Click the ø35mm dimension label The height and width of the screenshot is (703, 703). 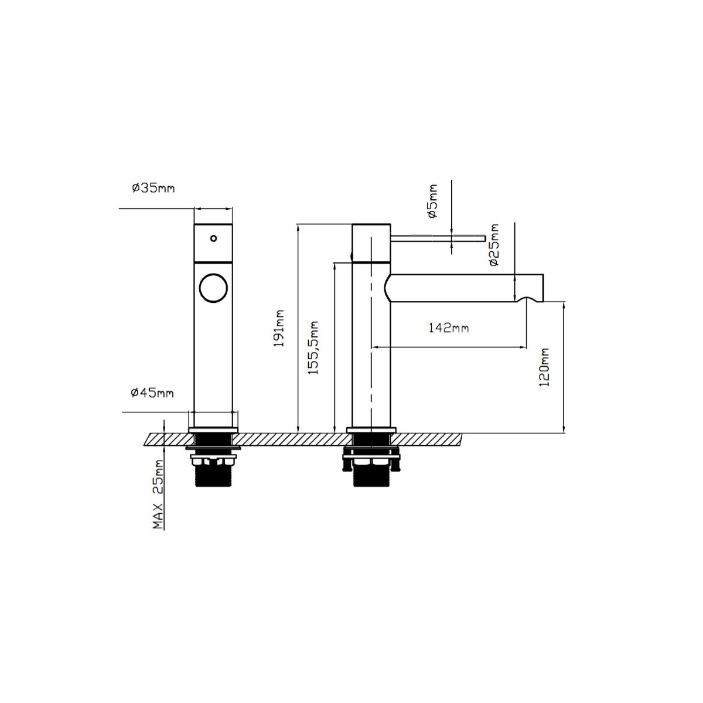coord(153,188)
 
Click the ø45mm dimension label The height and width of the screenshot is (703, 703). coord(152,393)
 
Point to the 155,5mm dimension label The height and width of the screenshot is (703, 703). coord(313,347)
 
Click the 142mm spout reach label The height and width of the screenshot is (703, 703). coord(449,327)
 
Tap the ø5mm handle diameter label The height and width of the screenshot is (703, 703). coord(433,201)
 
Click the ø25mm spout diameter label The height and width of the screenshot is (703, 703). coord(494,244)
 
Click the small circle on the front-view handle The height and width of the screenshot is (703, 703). coord(214,238)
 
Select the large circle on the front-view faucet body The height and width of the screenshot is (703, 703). coord(213,288)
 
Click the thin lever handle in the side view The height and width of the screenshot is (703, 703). coord(438,238)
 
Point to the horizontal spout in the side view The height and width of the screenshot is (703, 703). coord(463,288)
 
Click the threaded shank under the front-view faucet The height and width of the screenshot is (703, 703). coord(213,476)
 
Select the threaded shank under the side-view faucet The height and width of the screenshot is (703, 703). coord(371,476)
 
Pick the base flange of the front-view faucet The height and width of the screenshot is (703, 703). coord(213,430)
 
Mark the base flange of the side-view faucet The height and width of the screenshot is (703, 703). coord(371,430)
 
